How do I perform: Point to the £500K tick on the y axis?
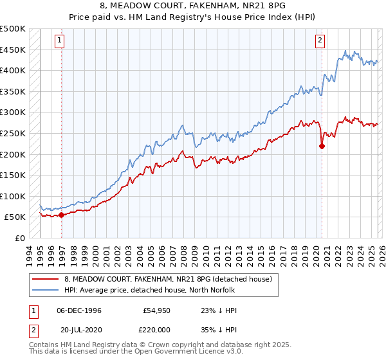(x=13, y=29)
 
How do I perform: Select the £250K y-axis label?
(x=13, y=133)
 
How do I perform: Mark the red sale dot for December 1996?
(x=62, y=215)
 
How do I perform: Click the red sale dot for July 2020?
(x=322, y=146)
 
